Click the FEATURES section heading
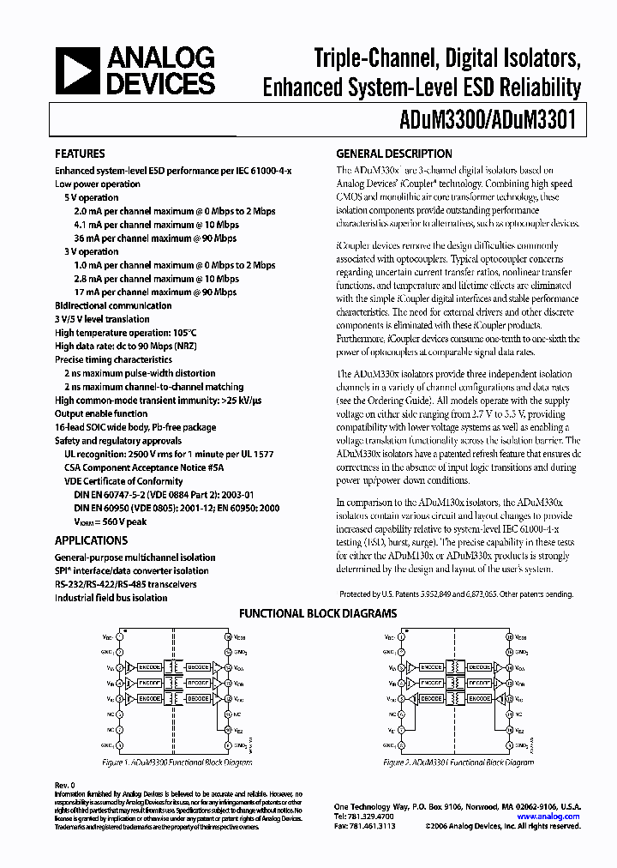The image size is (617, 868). [x=80, y=154]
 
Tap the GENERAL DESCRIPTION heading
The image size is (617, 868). [x=394, y=154]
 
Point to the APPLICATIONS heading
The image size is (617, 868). [x=91, y=540]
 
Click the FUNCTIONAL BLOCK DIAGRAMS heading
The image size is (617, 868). [x=317, y=614]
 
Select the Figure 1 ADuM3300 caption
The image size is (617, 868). [x=177, y=762]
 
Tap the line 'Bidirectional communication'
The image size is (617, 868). [x=113, y=305]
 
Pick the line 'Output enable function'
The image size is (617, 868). [x=105, y=413]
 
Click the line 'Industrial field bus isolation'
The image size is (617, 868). [x=111, y=598]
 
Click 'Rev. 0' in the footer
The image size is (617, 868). [x=65, y=785]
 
